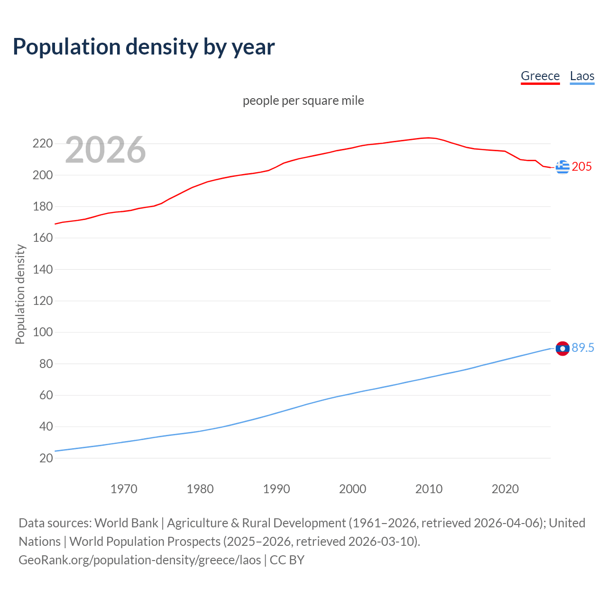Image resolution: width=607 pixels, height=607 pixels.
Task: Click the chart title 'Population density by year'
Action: (x=144, y=47)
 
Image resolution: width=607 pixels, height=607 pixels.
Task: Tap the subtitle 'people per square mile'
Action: (x=303, y=101)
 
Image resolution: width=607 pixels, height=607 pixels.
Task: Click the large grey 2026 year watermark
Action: (x=105, y=150)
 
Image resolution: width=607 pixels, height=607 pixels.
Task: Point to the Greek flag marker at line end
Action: (x=562, y=167)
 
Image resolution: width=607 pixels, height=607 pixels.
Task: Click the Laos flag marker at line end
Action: (x=562, y=349)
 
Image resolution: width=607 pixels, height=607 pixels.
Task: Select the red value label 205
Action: (x=581, y=166)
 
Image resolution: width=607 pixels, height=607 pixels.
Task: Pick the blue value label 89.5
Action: (x=583, y=348)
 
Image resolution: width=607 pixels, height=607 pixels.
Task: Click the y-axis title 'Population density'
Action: (x=20, y=294)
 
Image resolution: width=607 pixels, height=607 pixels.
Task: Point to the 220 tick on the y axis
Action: (x=42, y=143)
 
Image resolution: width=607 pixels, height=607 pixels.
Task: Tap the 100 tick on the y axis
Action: (x=42, y=332)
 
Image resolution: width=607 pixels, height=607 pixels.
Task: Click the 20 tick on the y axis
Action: (x=46, y=458)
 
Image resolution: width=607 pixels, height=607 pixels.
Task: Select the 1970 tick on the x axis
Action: (x=124, y=489)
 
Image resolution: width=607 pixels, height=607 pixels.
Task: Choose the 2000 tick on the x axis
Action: (x=352, y=489)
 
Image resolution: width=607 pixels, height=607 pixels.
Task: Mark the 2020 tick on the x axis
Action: (x=505, y=489)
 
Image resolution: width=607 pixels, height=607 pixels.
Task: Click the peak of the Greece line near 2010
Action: (x=428, y=138)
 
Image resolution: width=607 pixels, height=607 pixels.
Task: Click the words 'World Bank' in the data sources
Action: (x=126, y=523)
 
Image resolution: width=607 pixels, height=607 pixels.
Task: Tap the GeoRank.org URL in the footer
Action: (x=140, y=560)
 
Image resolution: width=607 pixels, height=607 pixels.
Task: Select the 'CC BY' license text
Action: (x=287, y=560)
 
